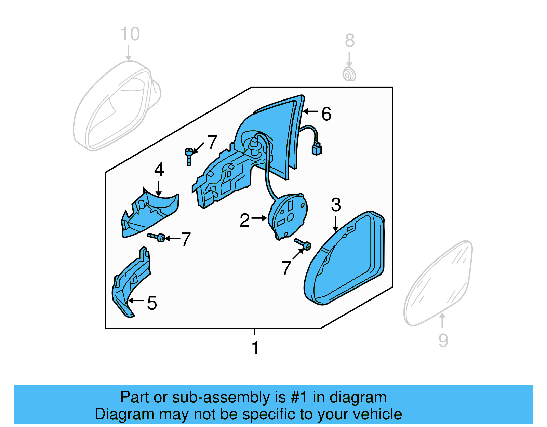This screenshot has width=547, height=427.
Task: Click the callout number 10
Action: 130,34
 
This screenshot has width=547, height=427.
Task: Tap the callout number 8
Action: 349,41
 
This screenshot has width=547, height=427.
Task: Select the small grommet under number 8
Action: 349,74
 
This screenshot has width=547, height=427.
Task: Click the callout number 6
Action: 326,114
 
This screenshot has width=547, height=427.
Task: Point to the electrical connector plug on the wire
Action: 317,149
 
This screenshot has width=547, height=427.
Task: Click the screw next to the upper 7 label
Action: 189,156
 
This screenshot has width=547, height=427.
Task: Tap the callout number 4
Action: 159,170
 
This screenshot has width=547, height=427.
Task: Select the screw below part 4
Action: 157,237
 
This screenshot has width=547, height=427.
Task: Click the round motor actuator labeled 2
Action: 288,215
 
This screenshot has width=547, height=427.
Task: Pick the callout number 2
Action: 245,221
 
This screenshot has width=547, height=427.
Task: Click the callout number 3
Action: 336,205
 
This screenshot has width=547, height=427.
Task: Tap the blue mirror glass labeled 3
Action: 345,260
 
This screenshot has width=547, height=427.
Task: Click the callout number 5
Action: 152,303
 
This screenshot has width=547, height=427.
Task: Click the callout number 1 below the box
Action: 255,348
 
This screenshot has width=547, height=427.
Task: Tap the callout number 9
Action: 443,341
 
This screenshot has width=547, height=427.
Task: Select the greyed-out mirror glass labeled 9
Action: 439,284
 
